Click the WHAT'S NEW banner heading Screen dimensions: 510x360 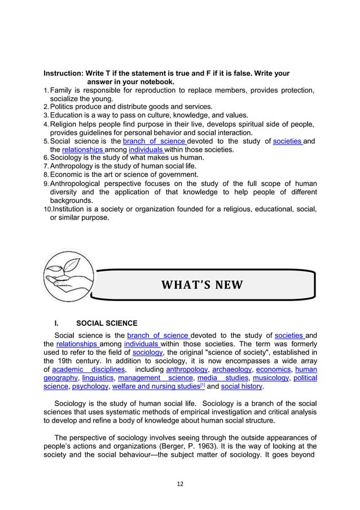(201, 284)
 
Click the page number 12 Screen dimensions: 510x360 (180, 483)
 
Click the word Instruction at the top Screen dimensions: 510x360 (63, 73)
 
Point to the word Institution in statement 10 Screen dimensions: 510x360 (70, 209)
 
